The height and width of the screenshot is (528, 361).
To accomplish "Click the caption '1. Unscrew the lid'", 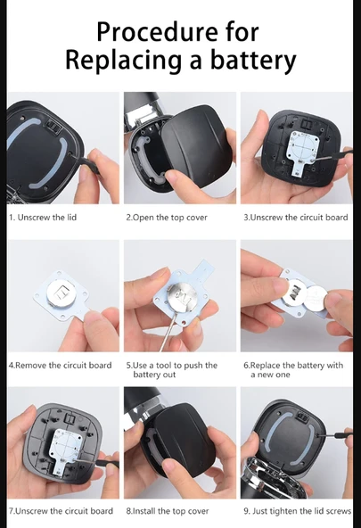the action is (x=43, y=218).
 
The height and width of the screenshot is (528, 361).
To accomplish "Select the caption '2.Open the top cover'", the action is (x=167, y=218).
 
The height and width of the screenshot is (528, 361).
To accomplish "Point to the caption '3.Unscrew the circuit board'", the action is (x=296, y=218).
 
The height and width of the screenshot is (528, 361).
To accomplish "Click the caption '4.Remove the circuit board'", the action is (x=61, y=366).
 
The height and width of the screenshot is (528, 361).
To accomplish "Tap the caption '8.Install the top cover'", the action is (x=168, y=511).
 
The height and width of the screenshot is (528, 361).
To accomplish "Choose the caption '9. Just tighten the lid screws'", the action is (x=298, y=511).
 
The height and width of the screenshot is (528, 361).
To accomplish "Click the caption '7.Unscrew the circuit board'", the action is (x=61, y=511).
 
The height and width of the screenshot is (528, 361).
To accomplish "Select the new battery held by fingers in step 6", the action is (x=316, y=298).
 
